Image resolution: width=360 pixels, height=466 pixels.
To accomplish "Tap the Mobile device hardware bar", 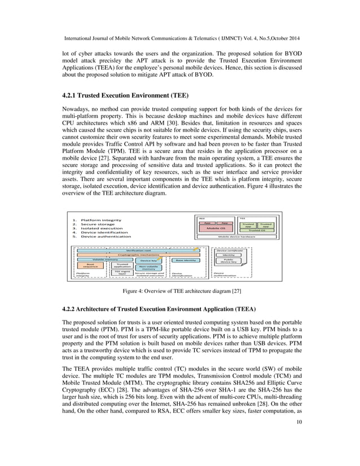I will (237, 237).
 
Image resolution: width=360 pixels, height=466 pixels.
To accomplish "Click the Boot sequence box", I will (90, 265).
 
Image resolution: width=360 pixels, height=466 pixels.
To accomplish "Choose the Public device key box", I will (229, 261).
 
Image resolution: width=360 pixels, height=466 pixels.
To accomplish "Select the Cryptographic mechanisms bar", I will (133, 254).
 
